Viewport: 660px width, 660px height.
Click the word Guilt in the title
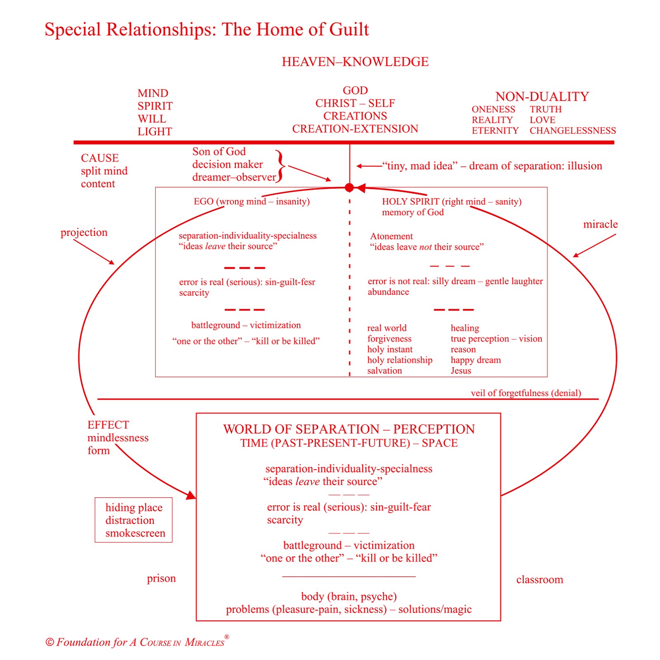[x=349, y=30]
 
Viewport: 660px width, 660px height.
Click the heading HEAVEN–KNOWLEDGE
[x=355, y=62]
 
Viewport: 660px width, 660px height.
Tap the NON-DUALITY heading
[x=542, y=97]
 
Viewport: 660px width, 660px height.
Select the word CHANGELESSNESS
[x=573, y=131]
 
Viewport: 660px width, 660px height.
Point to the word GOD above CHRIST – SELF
[x=355, y=90]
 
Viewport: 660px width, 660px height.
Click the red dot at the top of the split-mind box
[x=349, y=188]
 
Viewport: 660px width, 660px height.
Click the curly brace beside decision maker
[x=281, y=166]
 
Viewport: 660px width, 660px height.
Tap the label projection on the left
[x=84, y=232]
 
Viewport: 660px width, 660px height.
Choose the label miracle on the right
[x=600, y=224]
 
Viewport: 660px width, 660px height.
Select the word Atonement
[x=391, y=236]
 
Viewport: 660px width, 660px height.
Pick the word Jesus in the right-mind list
[x=461, y=370]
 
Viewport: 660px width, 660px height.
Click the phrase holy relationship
[x=400, y=360]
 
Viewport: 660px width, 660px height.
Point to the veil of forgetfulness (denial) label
[x=526, y=393]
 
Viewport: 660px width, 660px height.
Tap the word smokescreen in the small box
[x=135, y=533]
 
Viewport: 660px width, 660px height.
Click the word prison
[x=161, y=578]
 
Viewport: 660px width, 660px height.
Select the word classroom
[x=540, y=580]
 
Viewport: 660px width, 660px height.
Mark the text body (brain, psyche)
[x=349, y=596]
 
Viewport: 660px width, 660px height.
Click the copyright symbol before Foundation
[x=49, y=642]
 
